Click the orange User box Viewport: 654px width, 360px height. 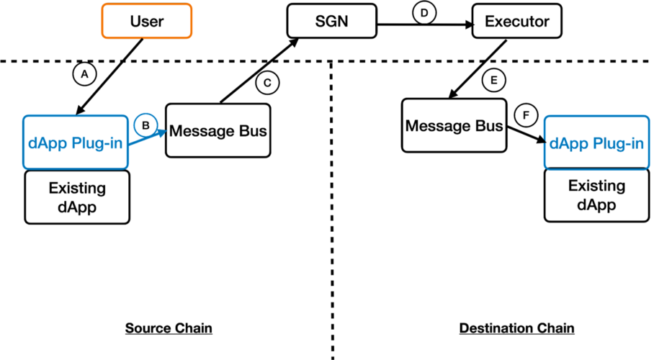147,21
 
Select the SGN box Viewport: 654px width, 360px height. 331,21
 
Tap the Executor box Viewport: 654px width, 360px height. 516,21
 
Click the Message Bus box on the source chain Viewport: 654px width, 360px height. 218,130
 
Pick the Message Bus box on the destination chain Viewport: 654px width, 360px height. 454,125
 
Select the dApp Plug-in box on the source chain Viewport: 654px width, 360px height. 76,143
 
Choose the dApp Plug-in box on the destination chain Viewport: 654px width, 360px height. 596,143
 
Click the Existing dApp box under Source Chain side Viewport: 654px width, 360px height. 77,197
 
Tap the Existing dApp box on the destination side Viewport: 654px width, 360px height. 596,195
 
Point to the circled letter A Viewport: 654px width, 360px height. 85,74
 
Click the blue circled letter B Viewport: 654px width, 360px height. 145,125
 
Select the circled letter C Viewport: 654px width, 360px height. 267,83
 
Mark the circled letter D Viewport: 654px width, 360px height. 424,13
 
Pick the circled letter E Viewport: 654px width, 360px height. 494,80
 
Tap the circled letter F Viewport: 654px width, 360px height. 526,115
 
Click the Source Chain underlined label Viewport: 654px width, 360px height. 169,328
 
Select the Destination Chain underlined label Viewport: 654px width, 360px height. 516,328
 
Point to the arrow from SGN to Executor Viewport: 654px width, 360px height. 425,25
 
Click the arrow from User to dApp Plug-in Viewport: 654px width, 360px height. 109,77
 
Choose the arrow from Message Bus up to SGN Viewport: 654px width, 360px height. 259,71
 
